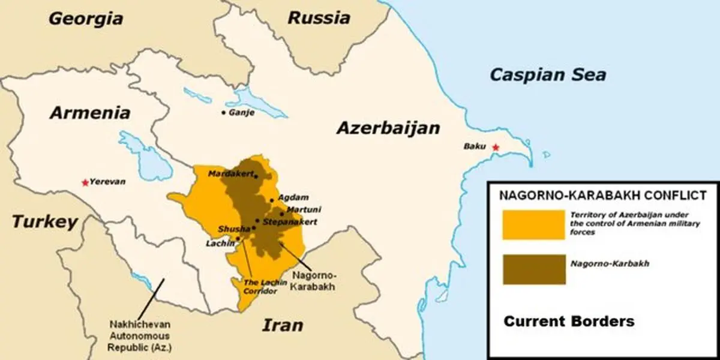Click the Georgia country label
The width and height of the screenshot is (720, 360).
tap(85, 18)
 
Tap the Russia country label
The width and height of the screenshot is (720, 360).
tap(319, 17)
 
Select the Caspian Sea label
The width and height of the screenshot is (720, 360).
tap(547, 74)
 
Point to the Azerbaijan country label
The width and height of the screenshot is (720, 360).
tap(388, 128)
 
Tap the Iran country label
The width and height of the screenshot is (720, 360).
tap(282, 325)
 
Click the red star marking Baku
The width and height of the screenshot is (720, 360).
tap(495, 147)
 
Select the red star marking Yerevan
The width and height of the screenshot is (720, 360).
tap(86, 182)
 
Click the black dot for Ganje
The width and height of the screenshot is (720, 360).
tap(224, 112)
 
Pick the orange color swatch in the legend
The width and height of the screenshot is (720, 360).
tap(533, 225)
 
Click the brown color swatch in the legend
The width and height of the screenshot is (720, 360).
tap(533, 269)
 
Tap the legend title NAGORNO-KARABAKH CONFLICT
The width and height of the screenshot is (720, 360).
tap(602, 195)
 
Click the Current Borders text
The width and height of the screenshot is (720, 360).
tap(568, 321)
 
